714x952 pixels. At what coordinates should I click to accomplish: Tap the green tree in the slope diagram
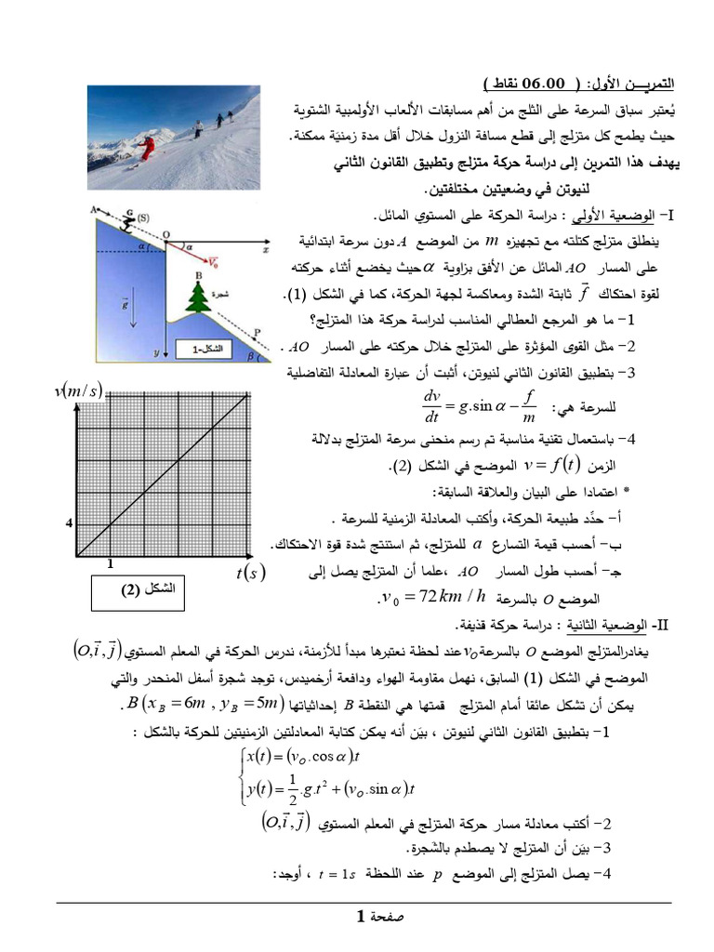point(197,297)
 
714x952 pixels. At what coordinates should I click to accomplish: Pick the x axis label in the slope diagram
point(265,250)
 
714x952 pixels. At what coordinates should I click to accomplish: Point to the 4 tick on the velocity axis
point(69,523)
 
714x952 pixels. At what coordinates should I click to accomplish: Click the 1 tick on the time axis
point(110,563)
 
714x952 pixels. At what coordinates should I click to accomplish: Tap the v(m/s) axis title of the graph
point(80,390)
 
